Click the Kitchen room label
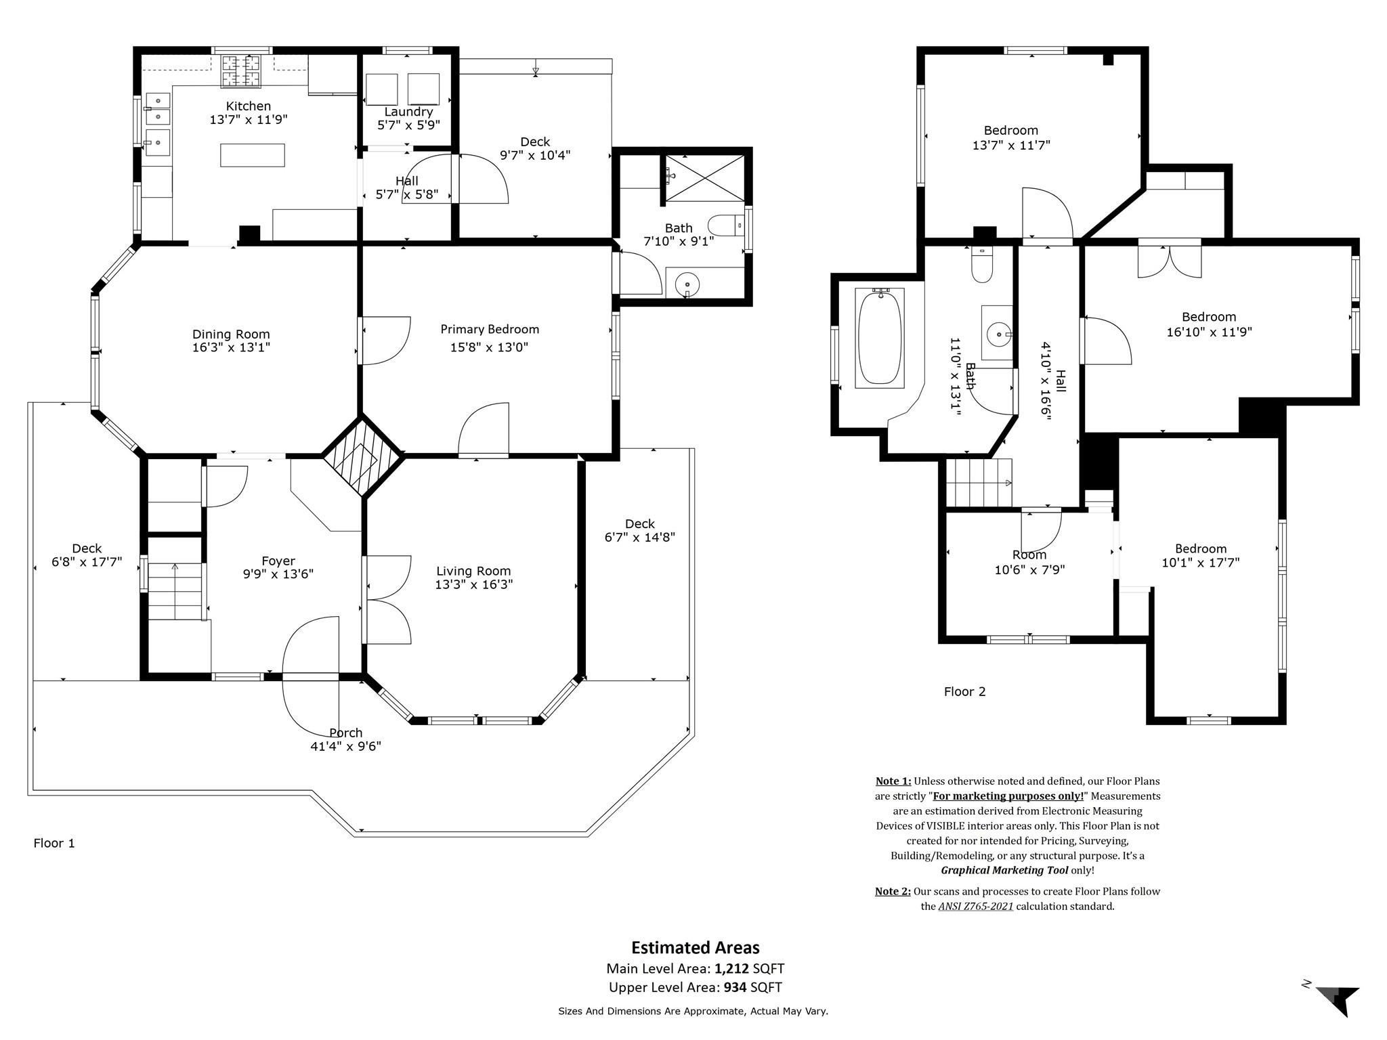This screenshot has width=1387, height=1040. click(249, 106)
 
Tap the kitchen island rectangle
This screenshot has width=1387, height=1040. click(252, 155)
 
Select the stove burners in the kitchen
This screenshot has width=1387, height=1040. click(241, 71)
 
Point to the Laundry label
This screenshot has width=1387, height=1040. click(408, 112)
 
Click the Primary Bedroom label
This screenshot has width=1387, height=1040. click(490, 330)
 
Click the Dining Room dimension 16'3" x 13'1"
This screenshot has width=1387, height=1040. click(231, 347)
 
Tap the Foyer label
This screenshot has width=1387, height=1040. click(278, 561)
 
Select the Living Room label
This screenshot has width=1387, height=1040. click(473, 571)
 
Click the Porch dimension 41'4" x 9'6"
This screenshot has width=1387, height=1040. click(346, 746)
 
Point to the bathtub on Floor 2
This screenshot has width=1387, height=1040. click(880, 338)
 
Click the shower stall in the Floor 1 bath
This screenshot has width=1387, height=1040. click(705, 177)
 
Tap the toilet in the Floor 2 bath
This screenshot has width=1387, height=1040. click(981, 264)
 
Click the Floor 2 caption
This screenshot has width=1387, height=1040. click(965, 691)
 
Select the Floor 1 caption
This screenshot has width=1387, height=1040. click(54, 843)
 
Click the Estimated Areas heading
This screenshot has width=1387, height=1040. click(696, 947)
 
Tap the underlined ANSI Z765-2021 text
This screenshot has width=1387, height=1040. click(976, 906)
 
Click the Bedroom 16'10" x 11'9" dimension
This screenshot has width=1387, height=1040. click(1210, 332)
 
